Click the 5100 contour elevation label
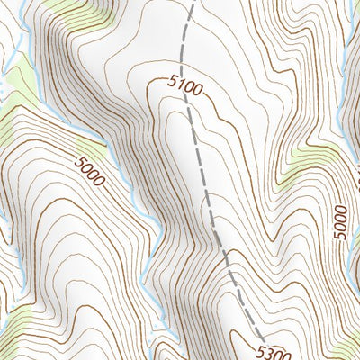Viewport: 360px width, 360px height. point(185,87)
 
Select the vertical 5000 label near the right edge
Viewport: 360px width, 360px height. point(339,220)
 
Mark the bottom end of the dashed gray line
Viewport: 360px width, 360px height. point(253,331)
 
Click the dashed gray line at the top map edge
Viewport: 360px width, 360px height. point(193,3)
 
